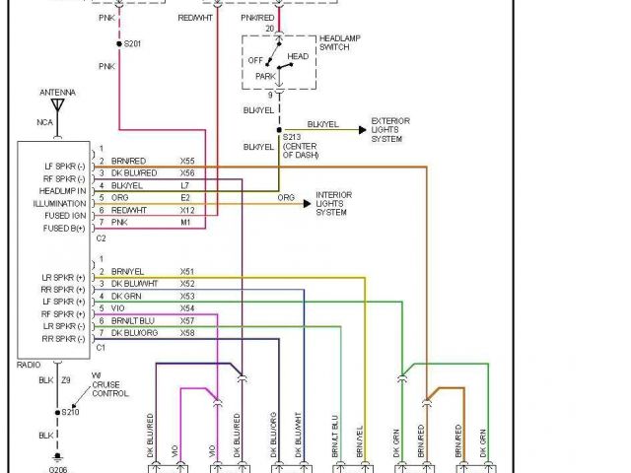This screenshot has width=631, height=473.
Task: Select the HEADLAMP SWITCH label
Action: point(338,43)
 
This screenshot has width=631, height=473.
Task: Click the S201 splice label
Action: point(131,43)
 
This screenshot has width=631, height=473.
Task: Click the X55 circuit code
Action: point(186,161)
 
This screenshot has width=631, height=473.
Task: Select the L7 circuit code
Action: point(184,185)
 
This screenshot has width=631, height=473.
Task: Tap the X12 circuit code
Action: point(186,211)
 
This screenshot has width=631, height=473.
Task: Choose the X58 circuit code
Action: point(186,334)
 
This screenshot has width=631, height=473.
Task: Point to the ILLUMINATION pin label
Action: point(60,203)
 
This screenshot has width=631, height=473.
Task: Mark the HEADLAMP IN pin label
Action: point(61,190)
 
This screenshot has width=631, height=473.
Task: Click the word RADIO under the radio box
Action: point(31,364)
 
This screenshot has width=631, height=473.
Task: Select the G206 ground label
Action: point(60,470)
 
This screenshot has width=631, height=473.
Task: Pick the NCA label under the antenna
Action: point(46,122)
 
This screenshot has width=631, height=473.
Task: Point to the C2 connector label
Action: point(101,237)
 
